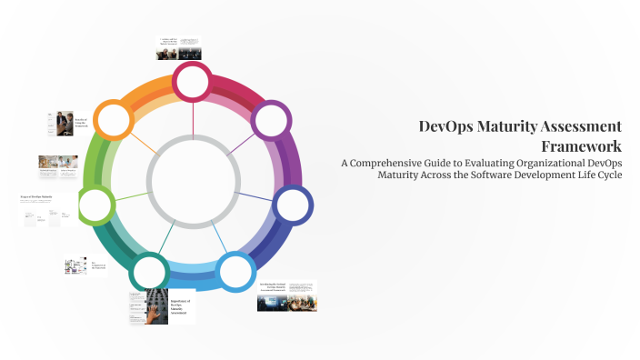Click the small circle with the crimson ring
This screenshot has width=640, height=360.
[193, 82]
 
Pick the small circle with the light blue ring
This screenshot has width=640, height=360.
[235, 271]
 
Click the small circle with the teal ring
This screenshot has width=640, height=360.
[148, 271]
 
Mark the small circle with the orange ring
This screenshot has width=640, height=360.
[115, 120]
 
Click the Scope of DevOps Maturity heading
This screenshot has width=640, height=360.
[37, 195]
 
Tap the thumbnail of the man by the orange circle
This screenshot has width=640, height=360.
[59, 123]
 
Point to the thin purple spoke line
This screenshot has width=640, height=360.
[241, 142]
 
